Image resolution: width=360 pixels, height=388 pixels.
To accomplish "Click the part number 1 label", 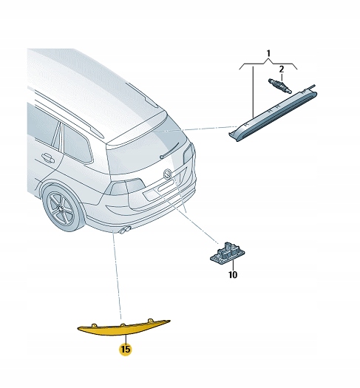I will (x=269, y=54).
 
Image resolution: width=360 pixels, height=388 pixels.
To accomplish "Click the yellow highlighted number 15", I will (x=126, y=348).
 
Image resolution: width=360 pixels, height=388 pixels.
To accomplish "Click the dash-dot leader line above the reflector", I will (x=118, y=281).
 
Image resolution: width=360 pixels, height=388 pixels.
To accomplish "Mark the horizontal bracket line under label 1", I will (x=269, y=64).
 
